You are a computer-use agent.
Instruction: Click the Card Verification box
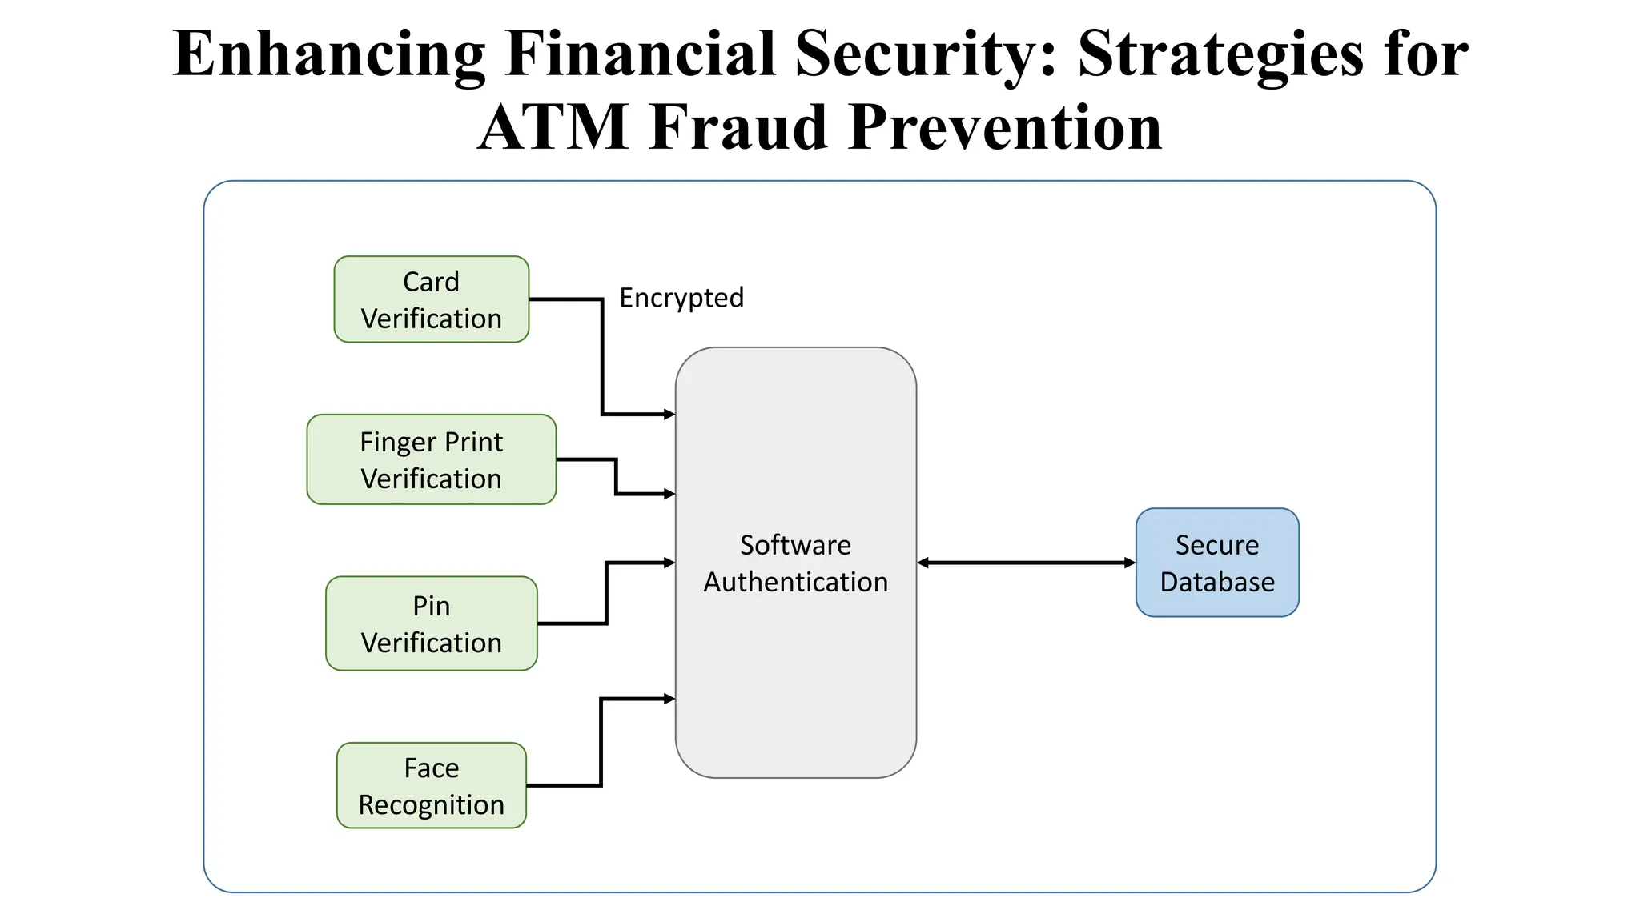click(431, 299)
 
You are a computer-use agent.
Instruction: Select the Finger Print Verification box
click(431, 459)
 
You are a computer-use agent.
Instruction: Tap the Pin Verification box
click(431, 623)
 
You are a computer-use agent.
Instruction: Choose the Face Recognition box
click(431, 785)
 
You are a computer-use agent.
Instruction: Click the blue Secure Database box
click(1216, 563)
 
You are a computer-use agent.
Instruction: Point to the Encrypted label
click(681, 298)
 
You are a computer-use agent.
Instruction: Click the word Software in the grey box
click(795, 545)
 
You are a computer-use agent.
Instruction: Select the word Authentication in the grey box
click(795, 582)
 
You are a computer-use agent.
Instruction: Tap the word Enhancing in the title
click(329, 54)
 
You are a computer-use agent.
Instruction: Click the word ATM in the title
click(553, 128)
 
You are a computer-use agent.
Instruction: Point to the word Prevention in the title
click(1005, 128)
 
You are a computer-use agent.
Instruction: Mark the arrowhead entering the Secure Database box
click(1130, 563)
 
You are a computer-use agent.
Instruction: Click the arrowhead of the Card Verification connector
click(669, 414)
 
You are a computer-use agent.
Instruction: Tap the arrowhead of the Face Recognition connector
click(669, 699)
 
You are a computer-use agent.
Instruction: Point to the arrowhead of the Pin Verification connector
click(669, 563)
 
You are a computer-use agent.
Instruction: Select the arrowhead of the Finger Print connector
click(669, 494)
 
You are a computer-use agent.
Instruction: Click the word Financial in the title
click(641, 54)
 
